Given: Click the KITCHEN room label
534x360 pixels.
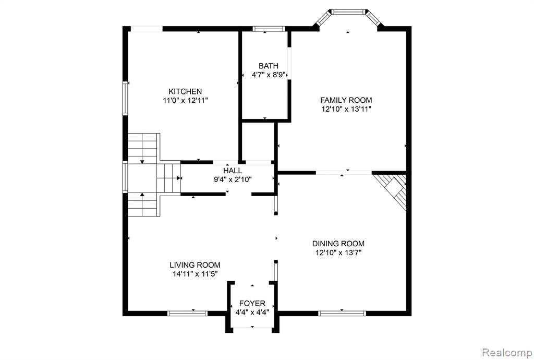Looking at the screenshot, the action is pyautogui.click(x=185, y=91).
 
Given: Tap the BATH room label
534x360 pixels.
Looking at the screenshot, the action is pyautogui.click(x=269, y=66).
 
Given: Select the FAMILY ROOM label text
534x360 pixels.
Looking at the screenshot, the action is pyautogui.click(x=346, y=100).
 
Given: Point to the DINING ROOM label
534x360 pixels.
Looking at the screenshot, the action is pyautogui.click(x=338, y=244).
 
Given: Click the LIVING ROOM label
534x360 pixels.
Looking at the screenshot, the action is pyautogui.click(x=195, y=265).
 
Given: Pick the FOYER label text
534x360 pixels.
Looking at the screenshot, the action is pyautogui.click(x=252, y=304).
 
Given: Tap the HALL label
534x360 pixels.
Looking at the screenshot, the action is pyautogui.click(x=233, y=170).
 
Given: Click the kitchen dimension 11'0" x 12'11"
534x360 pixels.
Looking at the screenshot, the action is pyautogui.click(x=185, y=101).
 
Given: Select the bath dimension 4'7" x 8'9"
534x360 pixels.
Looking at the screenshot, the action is pyautogui.click(x=269, y=75).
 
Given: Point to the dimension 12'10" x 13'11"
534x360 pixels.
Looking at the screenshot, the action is pyautogui.click(x=346, y=110).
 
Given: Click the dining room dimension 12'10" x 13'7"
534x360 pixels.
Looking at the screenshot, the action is pyautogui.click(x=338, y=253).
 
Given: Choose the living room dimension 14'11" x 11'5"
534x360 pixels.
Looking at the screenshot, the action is pyautogui.click(x=195, y=274).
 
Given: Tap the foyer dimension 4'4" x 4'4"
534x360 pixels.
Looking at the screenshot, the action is pyautogui.click(x=252, y=313).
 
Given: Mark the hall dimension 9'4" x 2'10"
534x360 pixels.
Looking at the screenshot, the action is pyautogui.click(x=233, y=179).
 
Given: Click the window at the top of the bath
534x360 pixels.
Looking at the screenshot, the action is pyautogui.click(x=269, y=29).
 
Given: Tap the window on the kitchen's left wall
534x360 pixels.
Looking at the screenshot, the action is pyautogui.click(x=125, y=98).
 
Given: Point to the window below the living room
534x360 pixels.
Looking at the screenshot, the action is pyautogui.click(x=187, y=314).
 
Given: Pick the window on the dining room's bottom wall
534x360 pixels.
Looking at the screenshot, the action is pyautogui.click(x=342, y=314).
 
